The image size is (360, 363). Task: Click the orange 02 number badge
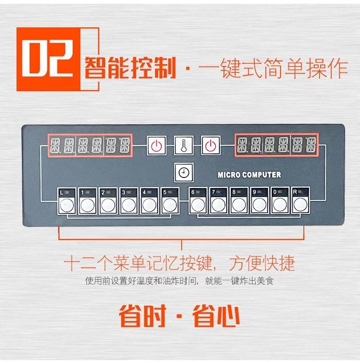pos(47,59)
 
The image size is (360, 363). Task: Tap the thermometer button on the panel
pos(183,145)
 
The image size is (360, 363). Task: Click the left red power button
pos(156,145)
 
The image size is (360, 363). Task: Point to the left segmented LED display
pos(90,144)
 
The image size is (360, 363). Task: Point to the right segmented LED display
pos(277,144)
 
